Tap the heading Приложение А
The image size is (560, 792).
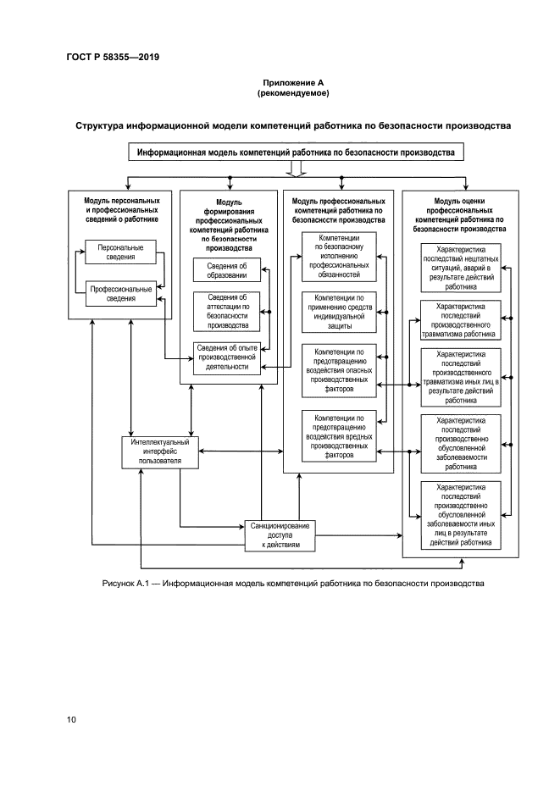[292, 82]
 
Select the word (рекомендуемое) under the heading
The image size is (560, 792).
[292, 92]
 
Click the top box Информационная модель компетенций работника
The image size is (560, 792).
[292, 152]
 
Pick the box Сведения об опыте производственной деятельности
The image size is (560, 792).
[226, 357]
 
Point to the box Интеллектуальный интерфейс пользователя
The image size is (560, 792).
[160, 451]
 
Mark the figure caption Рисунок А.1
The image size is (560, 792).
[292, 584]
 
